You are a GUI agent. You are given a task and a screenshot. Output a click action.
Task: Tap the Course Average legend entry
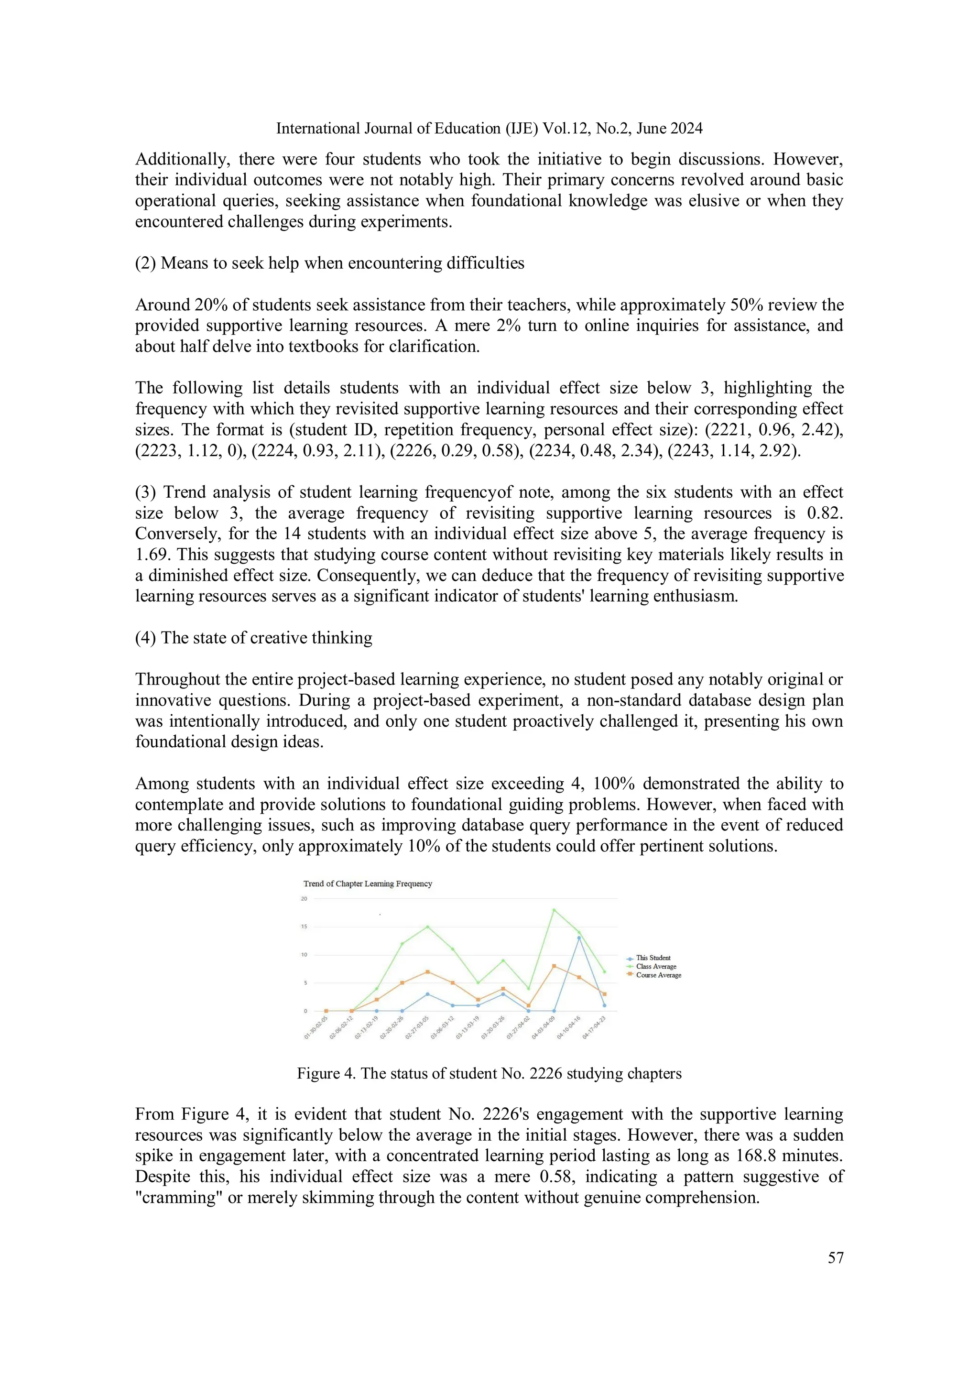tap(658, 975)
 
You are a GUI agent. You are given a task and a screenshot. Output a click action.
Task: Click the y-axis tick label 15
tap(304, 926)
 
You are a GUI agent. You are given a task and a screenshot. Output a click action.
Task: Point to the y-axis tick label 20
tap(304, 898)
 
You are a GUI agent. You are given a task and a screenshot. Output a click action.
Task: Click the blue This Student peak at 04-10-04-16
tap(579, 938)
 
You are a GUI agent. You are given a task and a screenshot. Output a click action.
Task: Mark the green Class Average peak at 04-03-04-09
tap(554, 910)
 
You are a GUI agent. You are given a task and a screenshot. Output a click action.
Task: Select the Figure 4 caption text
tap(489, 1073)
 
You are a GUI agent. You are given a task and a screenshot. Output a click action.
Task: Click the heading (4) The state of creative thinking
tap(253, 638)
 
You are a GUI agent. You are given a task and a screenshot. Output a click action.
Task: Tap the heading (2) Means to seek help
tap(329, 263)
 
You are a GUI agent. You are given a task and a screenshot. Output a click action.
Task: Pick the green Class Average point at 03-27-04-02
tap(528, 988)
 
